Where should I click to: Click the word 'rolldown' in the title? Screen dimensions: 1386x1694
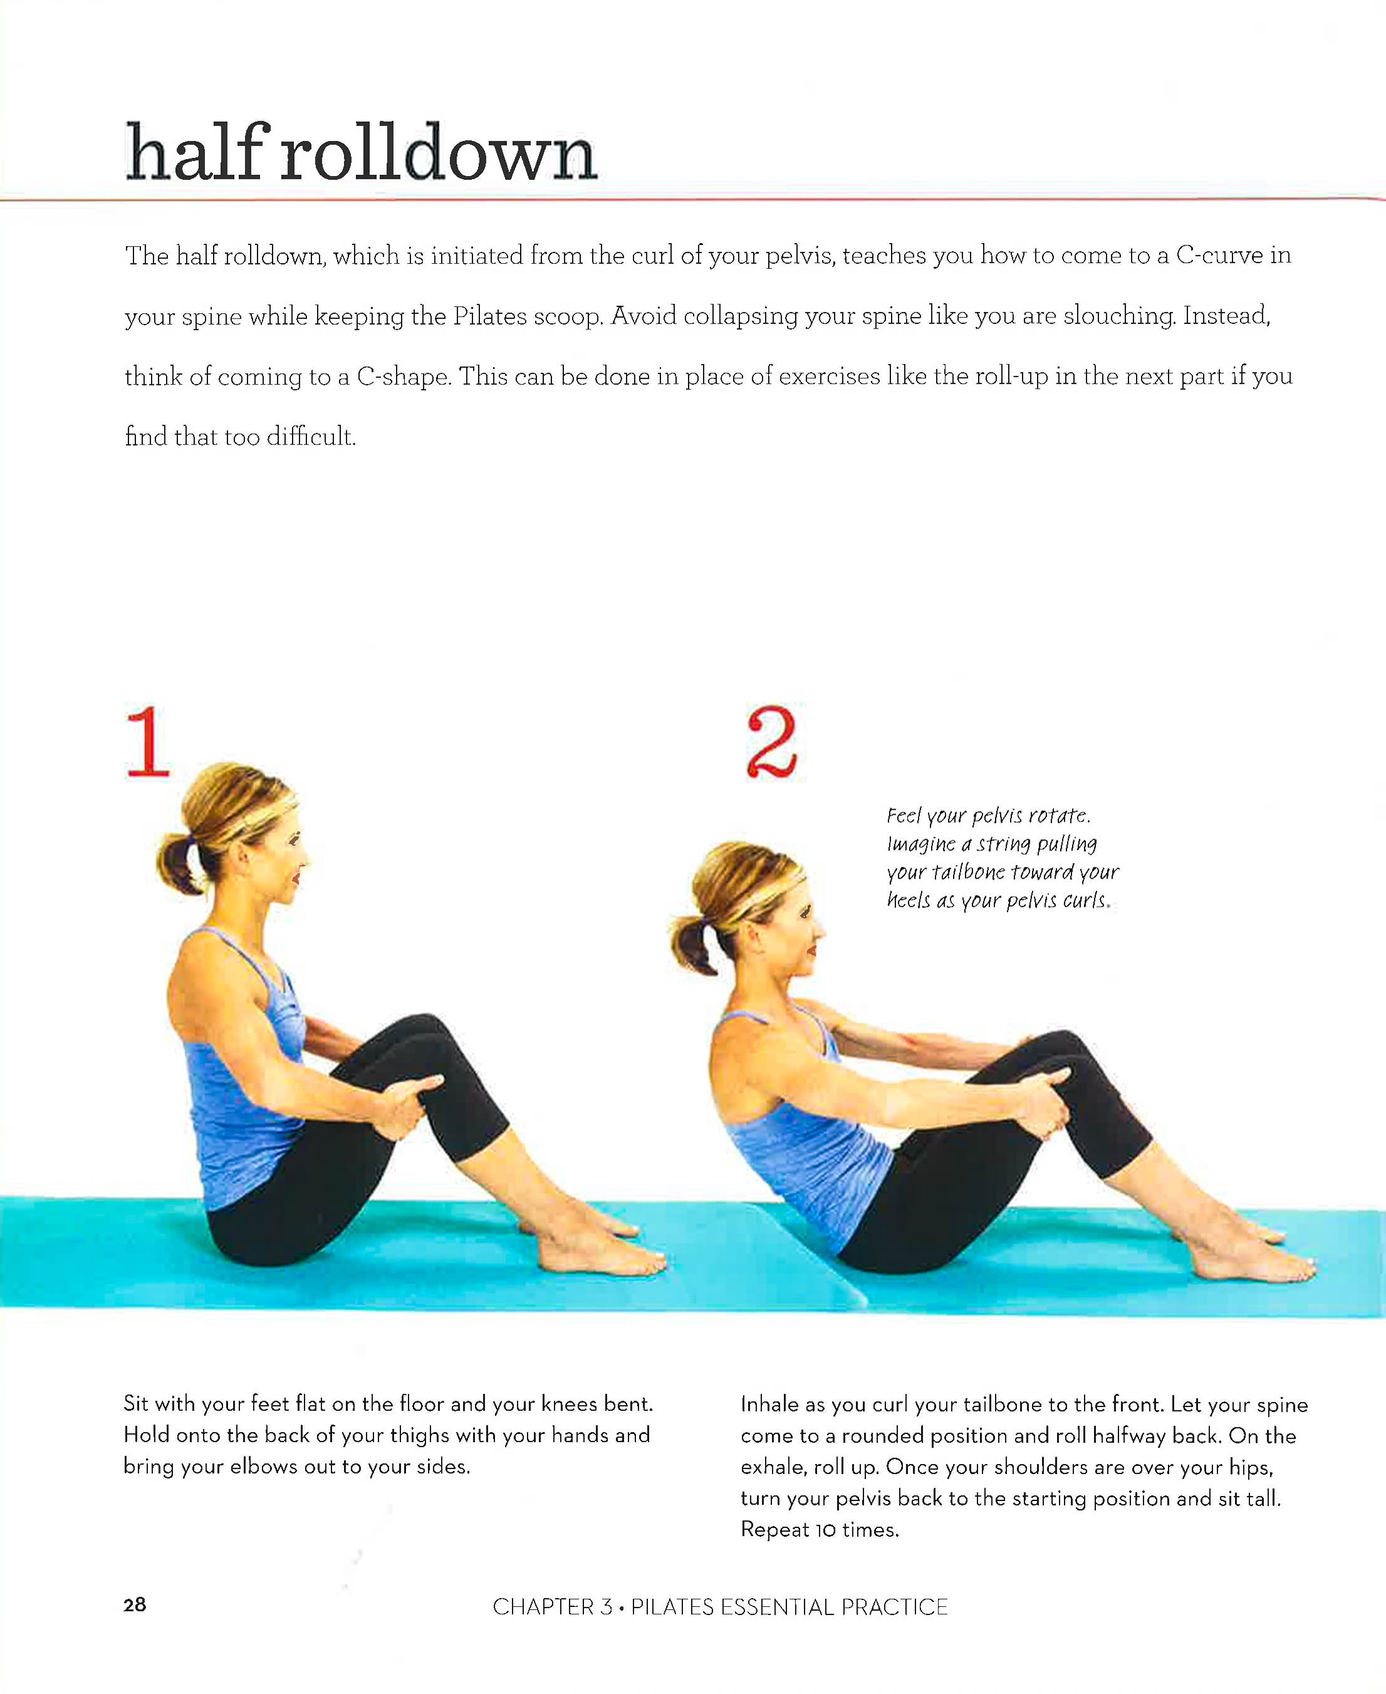click(x=439, y=152)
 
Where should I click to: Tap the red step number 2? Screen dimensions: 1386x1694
click(x=771, y=742)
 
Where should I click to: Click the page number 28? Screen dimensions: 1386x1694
click(x=135, y=1606)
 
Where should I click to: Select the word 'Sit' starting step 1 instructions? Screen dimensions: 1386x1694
click(x=136, y=1403)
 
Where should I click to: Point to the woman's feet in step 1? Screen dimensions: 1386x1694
click(x=599, y=1243)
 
